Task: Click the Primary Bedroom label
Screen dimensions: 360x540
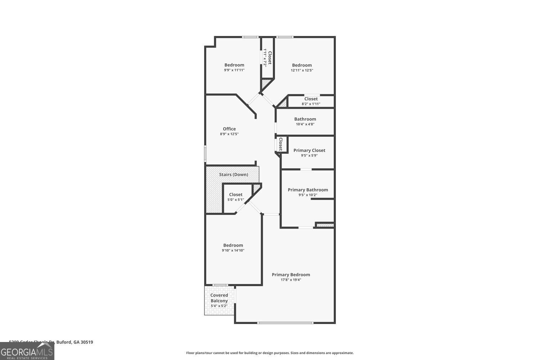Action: (291, 275)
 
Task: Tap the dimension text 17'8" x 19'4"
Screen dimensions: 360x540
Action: (291, 280)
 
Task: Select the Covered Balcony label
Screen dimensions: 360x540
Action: (219, 298)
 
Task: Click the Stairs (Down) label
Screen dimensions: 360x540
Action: (233, 175)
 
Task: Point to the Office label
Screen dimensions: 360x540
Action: (229, 129)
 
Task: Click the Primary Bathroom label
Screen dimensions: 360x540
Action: (307, 190)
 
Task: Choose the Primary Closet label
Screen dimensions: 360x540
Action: (309, 150)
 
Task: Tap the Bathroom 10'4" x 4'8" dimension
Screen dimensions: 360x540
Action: (305, 124)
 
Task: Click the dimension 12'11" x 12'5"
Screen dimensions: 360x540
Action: (302, 70)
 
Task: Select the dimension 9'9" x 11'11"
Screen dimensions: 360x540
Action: (234, 70)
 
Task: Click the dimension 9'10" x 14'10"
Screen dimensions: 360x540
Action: (233, 250)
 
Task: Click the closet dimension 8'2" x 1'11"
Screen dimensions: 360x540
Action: (311, 104)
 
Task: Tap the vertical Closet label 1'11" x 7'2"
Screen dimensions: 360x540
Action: (267, 58)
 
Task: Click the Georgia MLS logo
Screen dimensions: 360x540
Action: (27, 351)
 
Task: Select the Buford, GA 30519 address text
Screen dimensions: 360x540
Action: (51, 342)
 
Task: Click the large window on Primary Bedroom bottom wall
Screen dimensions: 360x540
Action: (285, 323)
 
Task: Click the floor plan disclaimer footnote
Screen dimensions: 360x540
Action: (270, 353)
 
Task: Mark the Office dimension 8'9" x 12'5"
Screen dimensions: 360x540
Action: (229, 134)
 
